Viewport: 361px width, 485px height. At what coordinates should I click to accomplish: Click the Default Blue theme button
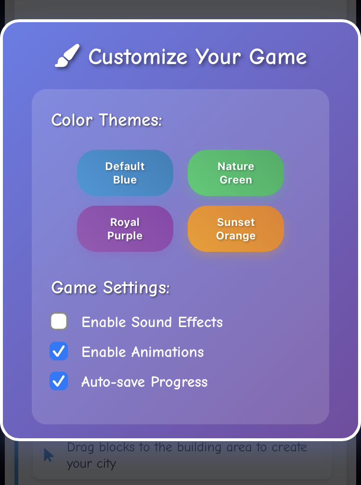click(x=125, y=173)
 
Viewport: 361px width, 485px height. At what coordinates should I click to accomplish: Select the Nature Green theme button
click(x=236, y=173)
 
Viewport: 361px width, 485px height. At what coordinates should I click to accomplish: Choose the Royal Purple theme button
click(x=125, y=229)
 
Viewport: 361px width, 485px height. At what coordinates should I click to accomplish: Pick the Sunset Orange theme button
click(x=236, y=229)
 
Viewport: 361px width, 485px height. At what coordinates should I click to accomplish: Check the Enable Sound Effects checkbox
click(x=59, y=321)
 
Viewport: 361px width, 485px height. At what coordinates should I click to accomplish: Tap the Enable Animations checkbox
click(x=59, y=351)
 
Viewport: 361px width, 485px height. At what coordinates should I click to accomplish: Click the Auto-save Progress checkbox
click(x=59, y=381)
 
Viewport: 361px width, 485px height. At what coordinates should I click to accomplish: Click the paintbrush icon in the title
click(x=67, y=56)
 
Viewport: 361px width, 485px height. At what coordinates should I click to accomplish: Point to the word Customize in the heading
click(x=138, y=57)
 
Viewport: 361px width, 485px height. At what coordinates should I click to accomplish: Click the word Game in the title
click(x=278, y=57)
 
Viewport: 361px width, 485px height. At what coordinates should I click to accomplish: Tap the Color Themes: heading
click(x=106, y=120)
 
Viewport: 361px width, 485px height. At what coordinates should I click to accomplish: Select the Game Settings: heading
click(x=110, y=288)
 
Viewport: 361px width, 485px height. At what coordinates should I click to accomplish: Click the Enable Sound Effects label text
click(x=152, y=322)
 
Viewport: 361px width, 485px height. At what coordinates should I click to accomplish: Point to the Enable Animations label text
click(x=142, y=352)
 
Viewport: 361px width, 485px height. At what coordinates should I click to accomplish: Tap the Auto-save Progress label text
click(x=144, y=382)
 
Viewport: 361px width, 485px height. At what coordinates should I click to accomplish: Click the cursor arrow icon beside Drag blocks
click(x=49, y=455)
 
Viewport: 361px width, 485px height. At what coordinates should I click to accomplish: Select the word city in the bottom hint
click(x=107, y=464)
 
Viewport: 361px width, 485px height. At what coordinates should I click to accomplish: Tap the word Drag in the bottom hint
click(x=78, y=447)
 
